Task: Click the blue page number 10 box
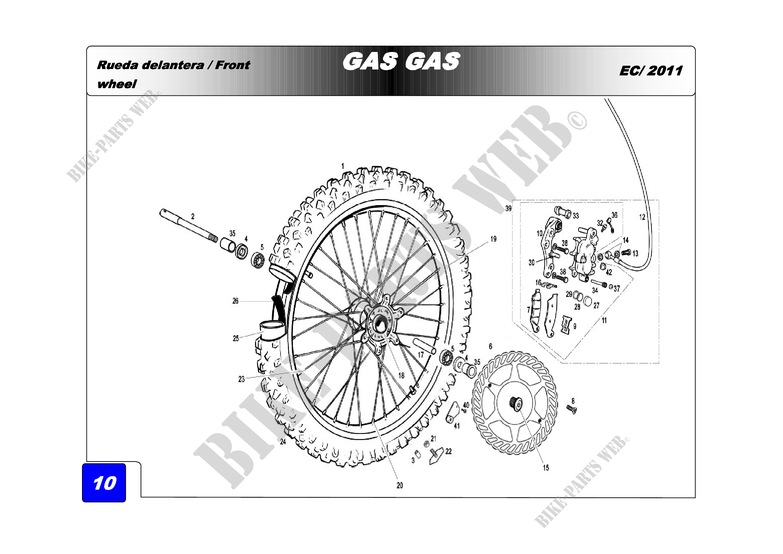pyautogui.click(x=104, y=482)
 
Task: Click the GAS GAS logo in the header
pyautogui.click(x=401, y=62)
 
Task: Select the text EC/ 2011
pyautogui.click(x=651, y=71)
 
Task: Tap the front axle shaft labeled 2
pyautogui.click(x=188, y=226)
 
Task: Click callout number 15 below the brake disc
pyautogui.click(x=546, y=468)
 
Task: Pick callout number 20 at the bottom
pyautogui.click(x=400, y=485)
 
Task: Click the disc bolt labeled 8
pyautogui.click(x=571, y=409)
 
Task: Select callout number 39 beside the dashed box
pyautogui.click(x=508, y=208)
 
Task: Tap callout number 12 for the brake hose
pyautogui.click(x=642, y=217)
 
